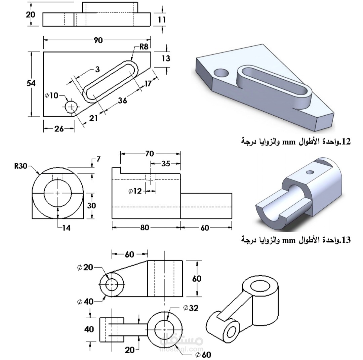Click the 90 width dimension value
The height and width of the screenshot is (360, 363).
[98, 40]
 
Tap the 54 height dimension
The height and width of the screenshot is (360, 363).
[31, 83]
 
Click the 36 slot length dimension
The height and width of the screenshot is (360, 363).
[123, 100]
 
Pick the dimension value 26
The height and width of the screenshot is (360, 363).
[59, 129]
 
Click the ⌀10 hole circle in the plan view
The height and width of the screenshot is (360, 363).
[71, 107]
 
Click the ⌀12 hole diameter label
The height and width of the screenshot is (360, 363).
[135, 191]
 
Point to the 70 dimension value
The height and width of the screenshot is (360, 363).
[150, 154]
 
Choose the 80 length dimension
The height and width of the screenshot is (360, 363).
[145, 228]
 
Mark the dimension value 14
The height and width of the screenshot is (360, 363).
[66, 228]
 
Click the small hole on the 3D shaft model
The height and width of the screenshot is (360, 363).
[311, 172]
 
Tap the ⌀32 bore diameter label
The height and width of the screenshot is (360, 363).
[191, 308]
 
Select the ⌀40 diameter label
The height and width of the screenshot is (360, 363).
[85, 302]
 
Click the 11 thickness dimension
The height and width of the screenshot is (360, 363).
[162, 19]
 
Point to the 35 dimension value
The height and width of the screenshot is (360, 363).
[166, 164]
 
